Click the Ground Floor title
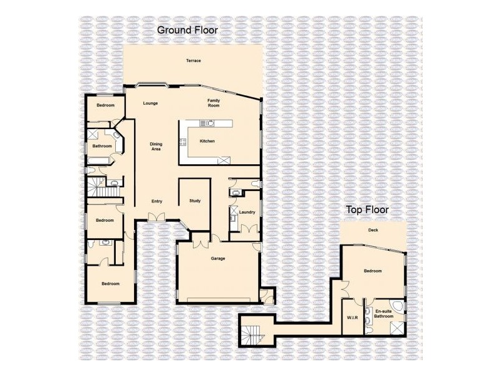(x=187, y=30)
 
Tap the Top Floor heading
(x=368, y=210)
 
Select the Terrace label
(x=194, y=60)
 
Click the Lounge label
(x=150, y=103)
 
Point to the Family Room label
(x=214, y=103)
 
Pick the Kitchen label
(x=207, y=141)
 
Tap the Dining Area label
(x=156, y=147)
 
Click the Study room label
(x=195, y=201)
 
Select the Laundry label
(x=247, y=212)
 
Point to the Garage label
(x=218, y=258)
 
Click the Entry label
(x=157, y=201)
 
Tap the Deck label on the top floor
(x=373, y=230)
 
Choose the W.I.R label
(x=353, y=318)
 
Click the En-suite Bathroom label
(x=384, y=314)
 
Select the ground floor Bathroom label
(x=102, y=146)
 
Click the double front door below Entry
(x=157, y=217)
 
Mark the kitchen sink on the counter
(x=207, y=123)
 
